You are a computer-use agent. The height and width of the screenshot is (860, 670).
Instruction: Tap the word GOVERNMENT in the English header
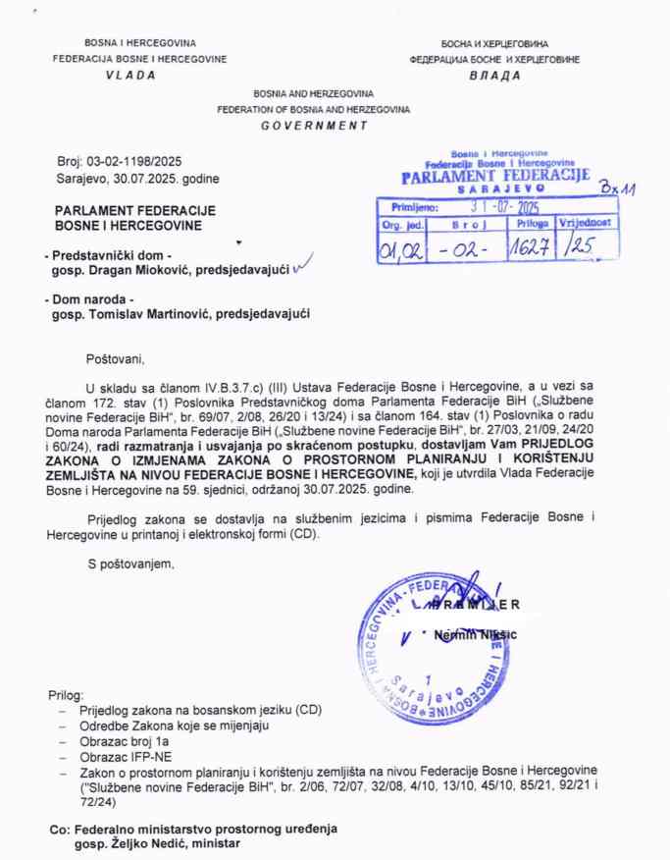click(314, 126)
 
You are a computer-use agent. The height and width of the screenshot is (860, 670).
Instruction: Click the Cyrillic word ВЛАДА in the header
click(495, 77)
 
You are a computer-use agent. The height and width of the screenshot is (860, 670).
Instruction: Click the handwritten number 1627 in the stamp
click(532, 246)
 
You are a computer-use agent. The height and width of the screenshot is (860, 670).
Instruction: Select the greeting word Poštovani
click(114, 358)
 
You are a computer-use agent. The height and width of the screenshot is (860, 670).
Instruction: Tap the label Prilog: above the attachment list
click(67, 694)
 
